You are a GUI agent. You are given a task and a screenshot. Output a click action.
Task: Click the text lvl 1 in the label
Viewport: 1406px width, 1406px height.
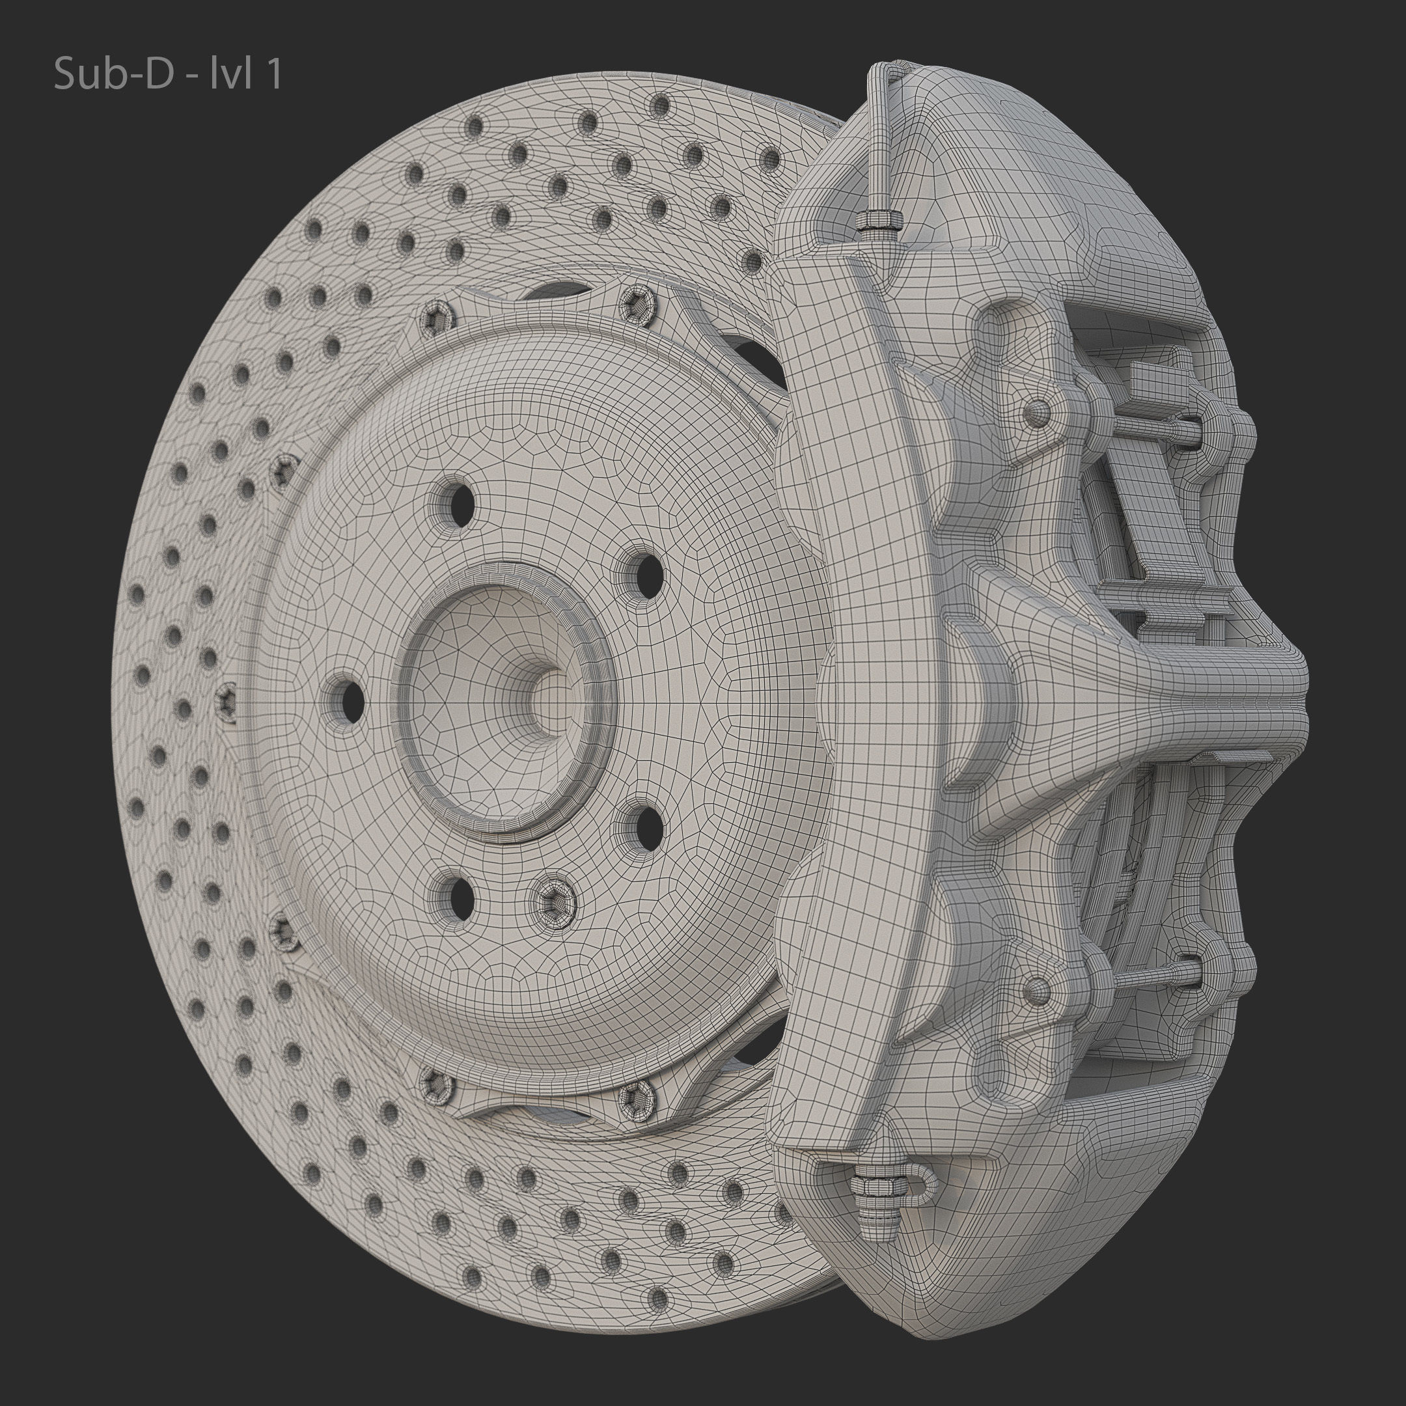pos(245,75)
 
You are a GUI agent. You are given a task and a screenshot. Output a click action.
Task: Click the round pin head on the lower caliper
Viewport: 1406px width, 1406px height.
pos(1037,988)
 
